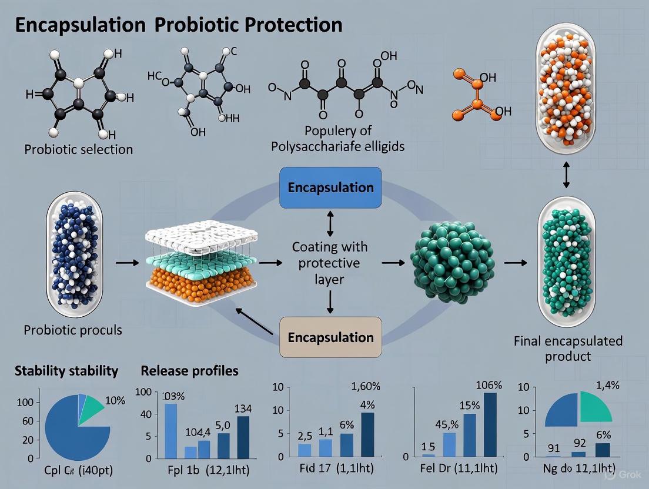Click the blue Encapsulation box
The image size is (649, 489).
[x=330, y=187]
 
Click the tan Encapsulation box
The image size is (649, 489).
[x=330, y=337]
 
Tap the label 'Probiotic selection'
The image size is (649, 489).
[x=78, y=149]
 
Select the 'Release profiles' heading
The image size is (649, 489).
[x=190, y=371]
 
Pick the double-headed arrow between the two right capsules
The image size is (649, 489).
[x=566, y=175]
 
